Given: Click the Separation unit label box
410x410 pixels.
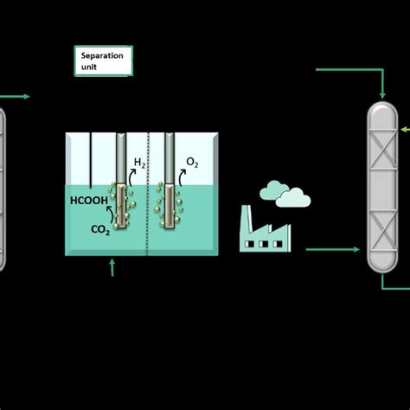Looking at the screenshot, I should point(103,61).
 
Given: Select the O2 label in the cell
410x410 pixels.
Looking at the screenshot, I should point(190,163).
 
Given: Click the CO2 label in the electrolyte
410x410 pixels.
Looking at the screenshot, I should point(100,230).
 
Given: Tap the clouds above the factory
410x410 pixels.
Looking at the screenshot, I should point(285,193).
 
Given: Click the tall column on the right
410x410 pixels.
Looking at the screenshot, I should point(382,185).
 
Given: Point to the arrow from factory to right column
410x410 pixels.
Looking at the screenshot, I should point(332,251).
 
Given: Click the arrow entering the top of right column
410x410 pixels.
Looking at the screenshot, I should point(381,83).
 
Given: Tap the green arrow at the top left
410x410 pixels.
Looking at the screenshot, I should point(17,96).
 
